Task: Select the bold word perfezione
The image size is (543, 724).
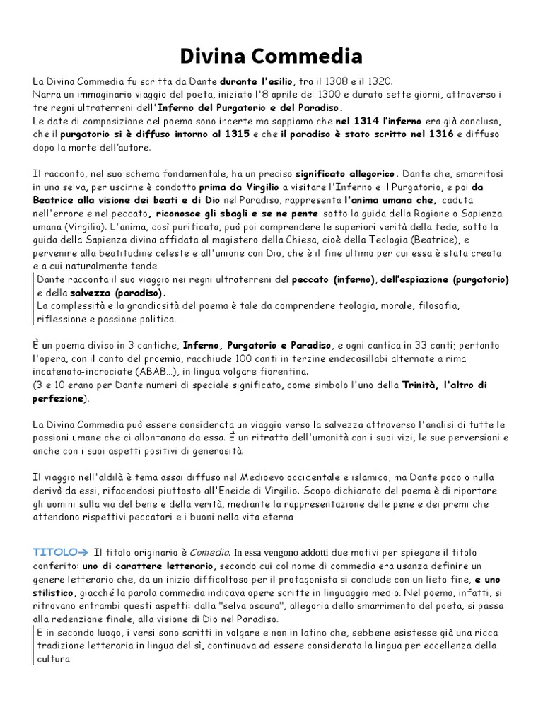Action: (x=59, y=398)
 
